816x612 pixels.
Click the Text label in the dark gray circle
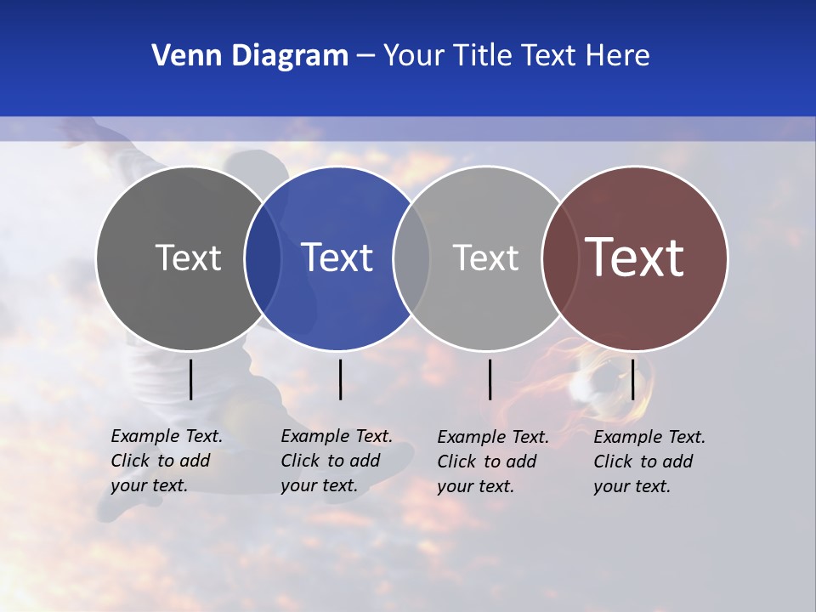point(188,258)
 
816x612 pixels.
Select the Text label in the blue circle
point(337,258)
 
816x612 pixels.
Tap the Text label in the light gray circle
point(485,258)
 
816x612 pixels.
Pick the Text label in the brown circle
point(635,258)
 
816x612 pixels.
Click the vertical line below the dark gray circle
point(191,379)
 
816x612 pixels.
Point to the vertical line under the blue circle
point(340,379)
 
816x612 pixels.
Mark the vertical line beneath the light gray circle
point(490,379)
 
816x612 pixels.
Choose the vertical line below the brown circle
point(632,379)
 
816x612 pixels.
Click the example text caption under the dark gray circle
point(167,461)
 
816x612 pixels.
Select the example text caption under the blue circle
point(337,461)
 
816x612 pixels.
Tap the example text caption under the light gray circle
point(493,462)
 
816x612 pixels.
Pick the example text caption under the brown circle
point(649,462)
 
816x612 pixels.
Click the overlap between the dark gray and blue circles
point(263,258)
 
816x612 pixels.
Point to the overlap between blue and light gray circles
point(411,258)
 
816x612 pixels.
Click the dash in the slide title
point(365,57)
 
